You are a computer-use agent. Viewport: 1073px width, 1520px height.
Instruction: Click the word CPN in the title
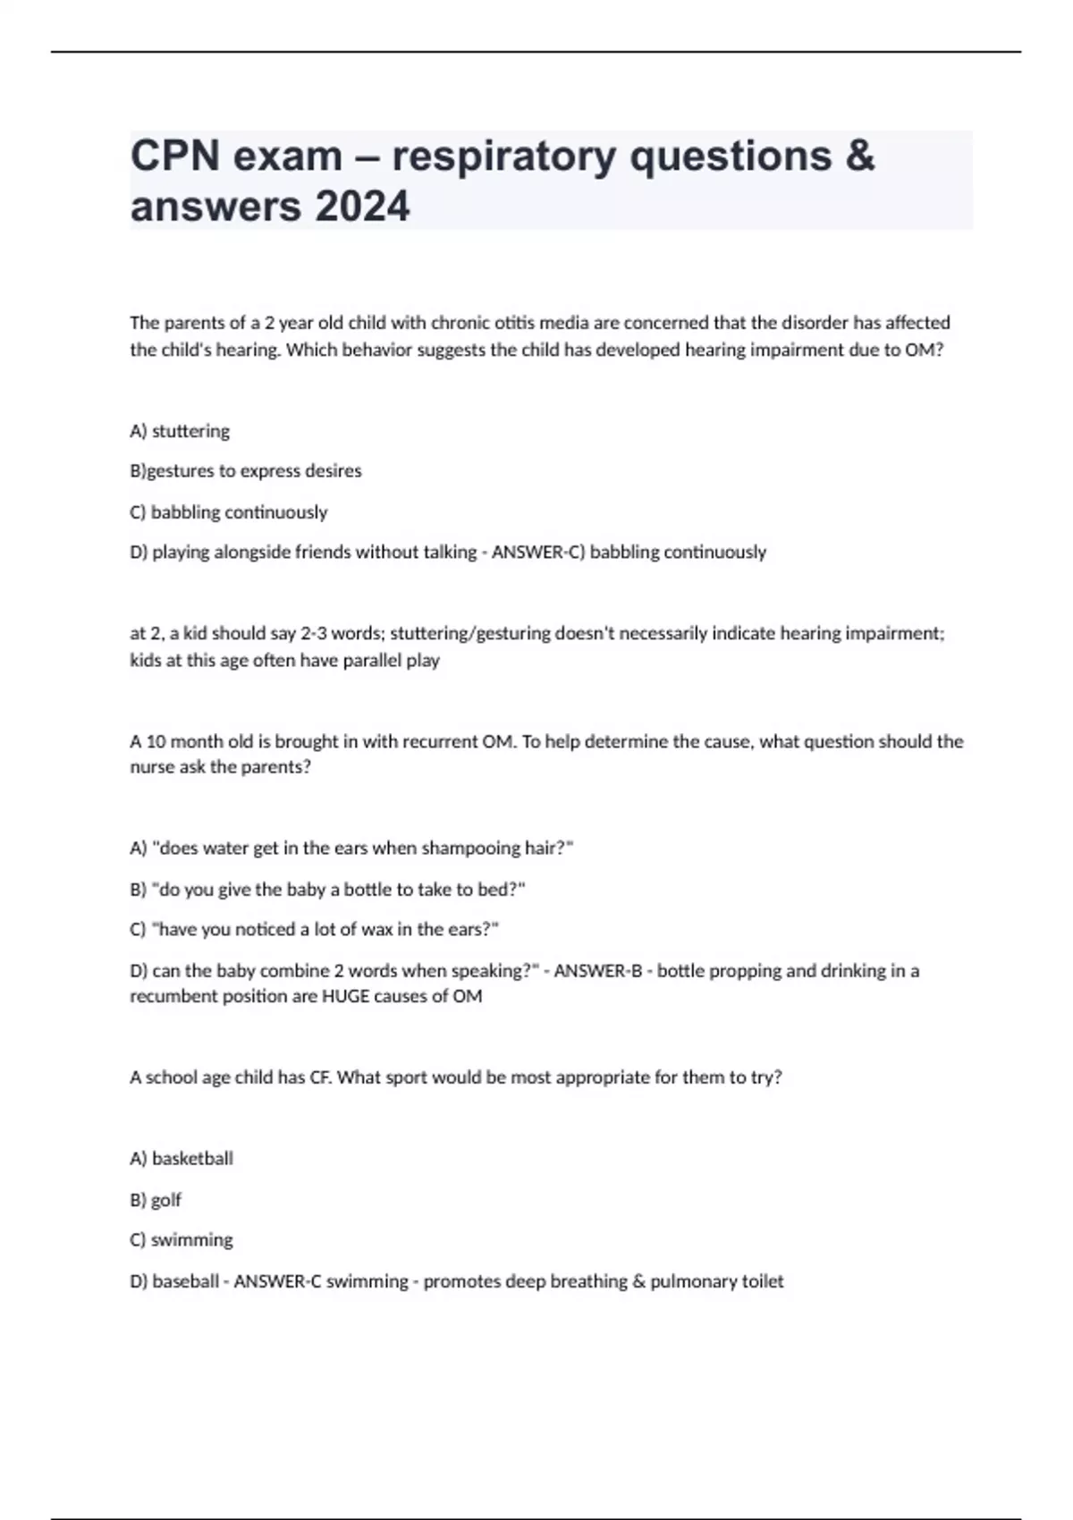tap(175, 156)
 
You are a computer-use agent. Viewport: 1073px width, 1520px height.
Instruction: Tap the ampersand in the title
tap(858, 156)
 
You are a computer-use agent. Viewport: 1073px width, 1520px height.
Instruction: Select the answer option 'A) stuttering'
tap(180, 431)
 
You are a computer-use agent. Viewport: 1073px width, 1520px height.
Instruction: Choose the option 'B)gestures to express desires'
tap(246, 471)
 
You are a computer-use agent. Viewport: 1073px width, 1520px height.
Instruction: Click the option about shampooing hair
tap(351, 848)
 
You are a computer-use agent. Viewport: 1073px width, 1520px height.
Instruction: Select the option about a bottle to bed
tap(327, 890)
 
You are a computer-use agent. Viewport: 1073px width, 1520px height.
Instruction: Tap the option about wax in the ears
tap(314, 930)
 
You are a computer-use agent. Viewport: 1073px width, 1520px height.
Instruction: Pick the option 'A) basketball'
tap(182, 1159)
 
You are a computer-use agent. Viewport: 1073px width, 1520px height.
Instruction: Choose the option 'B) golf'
tap(156, 1200)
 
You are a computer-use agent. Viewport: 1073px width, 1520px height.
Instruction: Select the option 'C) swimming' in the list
tap(182, 1240)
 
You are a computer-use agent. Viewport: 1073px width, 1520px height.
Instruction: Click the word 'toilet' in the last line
tap(761, 1281)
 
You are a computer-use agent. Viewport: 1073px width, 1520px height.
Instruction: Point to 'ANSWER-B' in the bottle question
tap(597, 971)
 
